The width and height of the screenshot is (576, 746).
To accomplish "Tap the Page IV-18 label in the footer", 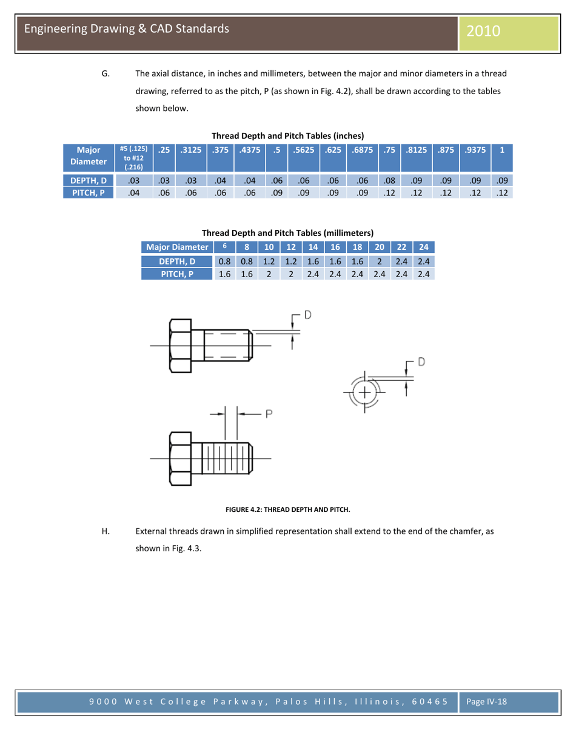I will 486,701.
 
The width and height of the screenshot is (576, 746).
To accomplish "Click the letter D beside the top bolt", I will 308,315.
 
